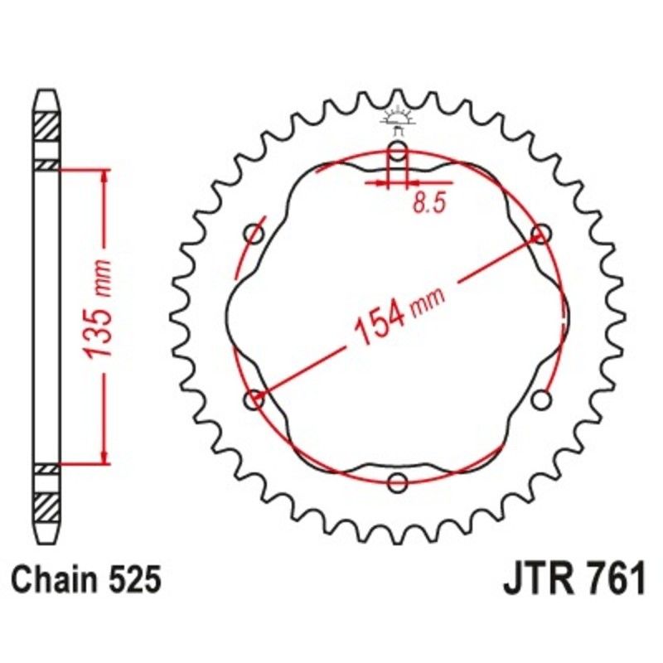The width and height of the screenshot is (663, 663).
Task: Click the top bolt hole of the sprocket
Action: [398, 152]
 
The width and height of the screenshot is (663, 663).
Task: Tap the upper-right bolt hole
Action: [541, 234]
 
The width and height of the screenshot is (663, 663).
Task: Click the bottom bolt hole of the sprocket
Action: [398, 482]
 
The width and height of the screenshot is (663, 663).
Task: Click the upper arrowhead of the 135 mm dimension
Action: [104, 176]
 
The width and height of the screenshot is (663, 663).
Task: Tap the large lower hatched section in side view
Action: [46, 505]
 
